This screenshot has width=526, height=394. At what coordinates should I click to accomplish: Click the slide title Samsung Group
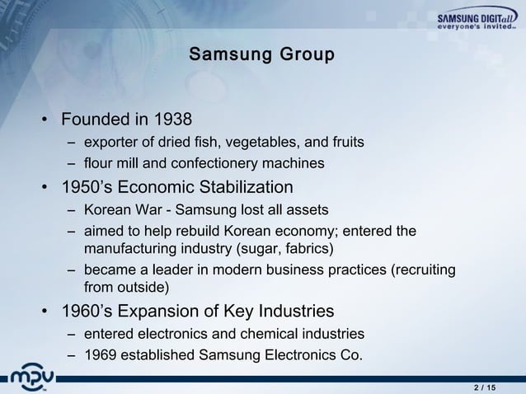click(x=261, y=56)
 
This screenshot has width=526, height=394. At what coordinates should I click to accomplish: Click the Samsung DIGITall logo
click(x=476, y=21)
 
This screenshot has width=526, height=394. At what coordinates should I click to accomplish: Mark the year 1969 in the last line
click(x=101, y=356)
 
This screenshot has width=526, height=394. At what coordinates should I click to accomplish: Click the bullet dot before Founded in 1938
click(x=45, y=120)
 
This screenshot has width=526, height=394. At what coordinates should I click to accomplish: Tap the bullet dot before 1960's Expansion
click(x=45, y=312)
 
